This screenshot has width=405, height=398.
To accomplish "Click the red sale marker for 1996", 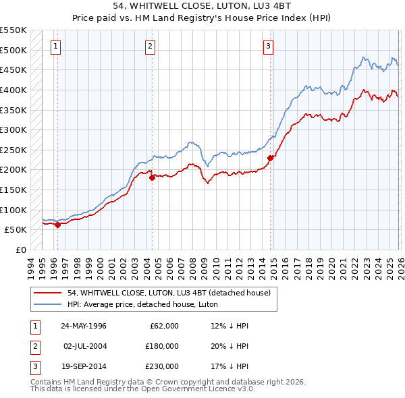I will point(58,225).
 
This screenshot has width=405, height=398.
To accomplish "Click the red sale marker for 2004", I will point(152,177).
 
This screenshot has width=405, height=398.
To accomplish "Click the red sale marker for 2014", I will point(270,158).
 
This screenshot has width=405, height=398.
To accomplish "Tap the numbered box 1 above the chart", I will point(55,47).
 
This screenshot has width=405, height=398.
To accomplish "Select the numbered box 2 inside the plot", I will point(149,47).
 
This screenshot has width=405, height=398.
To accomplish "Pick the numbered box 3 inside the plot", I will point(268,47).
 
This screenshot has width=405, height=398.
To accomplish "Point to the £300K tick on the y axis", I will point(13,130).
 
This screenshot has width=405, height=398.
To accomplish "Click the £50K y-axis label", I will point(16,229).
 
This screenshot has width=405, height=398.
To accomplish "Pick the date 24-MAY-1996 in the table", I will point(84,326).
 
